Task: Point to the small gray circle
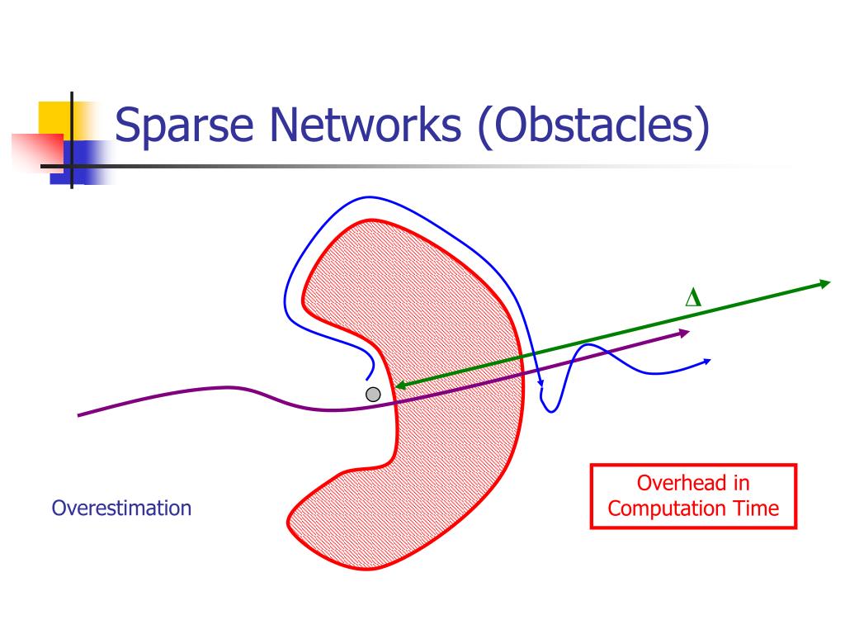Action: click(x=373, y=395)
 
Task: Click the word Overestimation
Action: click(x=121, y=508)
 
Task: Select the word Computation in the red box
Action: click(x=665, y=509)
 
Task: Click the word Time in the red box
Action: click(x=753, y=509)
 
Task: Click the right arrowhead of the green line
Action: click(x=824, y=284)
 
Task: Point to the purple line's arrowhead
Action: click(x=684, y=333)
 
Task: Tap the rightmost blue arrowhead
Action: click(x=706, y=361)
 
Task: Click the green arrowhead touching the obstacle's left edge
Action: click(x=399, y=385)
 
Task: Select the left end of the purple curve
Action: click(x=79, y=414)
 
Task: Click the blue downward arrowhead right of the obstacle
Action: click(x=541, y=382)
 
